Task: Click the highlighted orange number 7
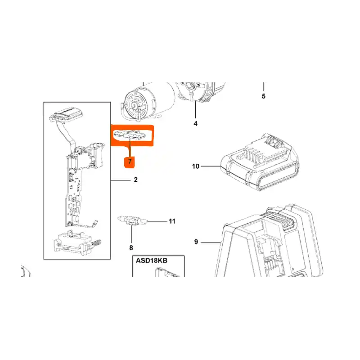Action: click(130, 161)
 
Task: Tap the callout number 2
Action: click(136, 180)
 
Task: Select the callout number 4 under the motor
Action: click(195, 123)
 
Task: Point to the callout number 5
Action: click(264, 96)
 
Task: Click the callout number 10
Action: click(196, 166)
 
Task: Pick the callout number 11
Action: click(172, 221)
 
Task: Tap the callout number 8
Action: click(131, 248)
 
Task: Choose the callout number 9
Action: click(196, 242)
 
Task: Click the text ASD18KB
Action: click(152, 261)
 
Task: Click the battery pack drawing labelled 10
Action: click(260, 162)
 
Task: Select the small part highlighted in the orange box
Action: click(130, 135)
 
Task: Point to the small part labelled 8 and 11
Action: click(132, 220)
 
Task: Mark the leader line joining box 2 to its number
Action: click(120, 180)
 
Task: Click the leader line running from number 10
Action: click(211, 166)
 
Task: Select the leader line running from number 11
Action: click(157, 222)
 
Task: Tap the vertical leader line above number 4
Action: click(196, 109)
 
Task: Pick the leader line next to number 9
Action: click(211, 242)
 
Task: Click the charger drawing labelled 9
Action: click(269, 241)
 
